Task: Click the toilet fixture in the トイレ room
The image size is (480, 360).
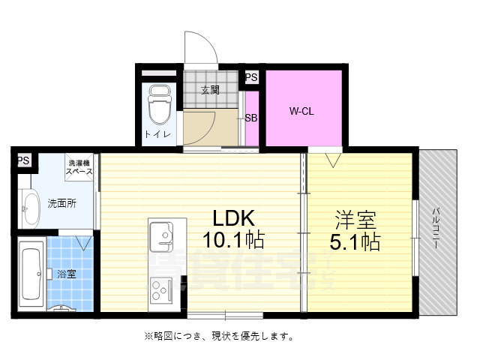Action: [158, 107]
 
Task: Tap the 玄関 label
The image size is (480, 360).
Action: [210, 90]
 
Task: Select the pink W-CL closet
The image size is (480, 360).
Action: [301, 111]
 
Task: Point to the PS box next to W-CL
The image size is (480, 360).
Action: [251, 76]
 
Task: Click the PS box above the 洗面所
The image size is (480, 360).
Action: [23, 160]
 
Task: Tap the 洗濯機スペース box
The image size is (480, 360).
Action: [79, 167]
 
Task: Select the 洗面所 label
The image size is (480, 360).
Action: [61, 202]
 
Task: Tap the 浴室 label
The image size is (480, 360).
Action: [67, 274]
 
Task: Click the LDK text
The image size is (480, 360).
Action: [235, 218]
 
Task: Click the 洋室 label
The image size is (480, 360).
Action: [356, 220]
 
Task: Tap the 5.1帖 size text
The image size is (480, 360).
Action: [356, 242]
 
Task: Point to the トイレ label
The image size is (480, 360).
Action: [157, 134]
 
